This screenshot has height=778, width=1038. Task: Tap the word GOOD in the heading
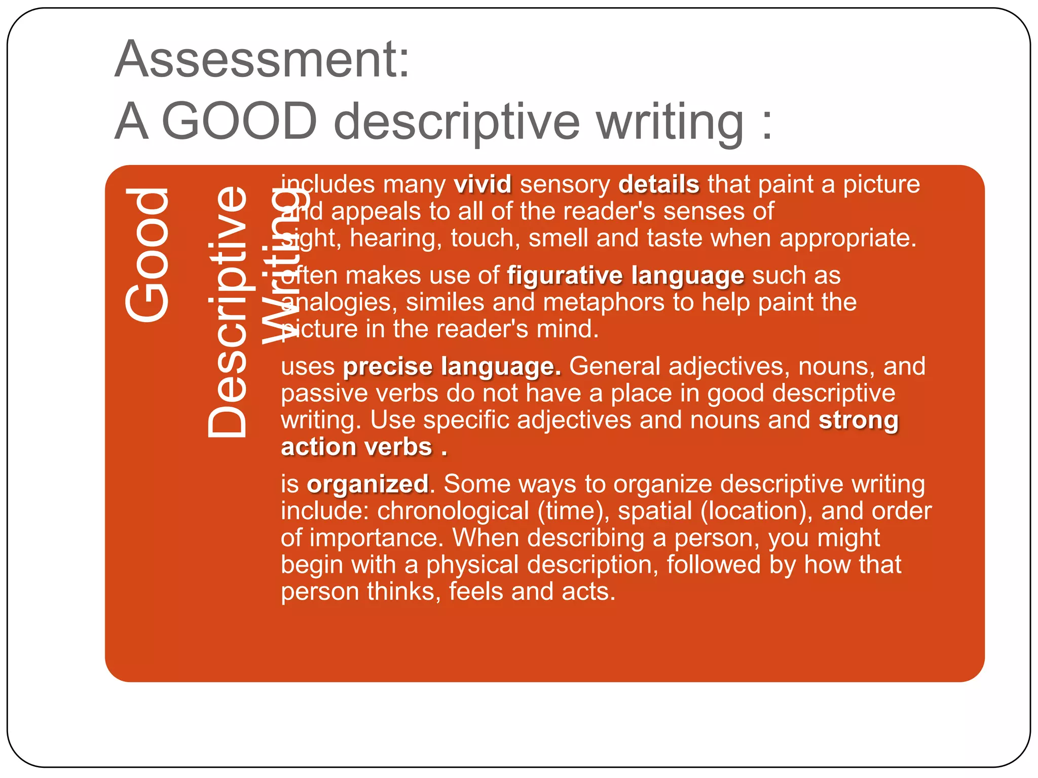pyautogui.click(x=239, y=122)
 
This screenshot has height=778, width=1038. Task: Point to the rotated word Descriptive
pyautogui.click(x=227, y=312)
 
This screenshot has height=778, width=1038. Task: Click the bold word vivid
pyautogui.click(x=483, y=184)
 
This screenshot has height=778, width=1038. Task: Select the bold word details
pyautogui.click(x=658, y=184)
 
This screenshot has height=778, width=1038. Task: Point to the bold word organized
pyautogui.click(x=367, y=484)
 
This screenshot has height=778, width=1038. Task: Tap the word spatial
pyautogui.click(x=655, y=511)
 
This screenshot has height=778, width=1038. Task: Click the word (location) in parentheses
pyautogui.click(x=756, y=511)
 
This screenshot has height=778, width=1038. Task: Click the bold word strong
pyautogui.click(x=859, y=420)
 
